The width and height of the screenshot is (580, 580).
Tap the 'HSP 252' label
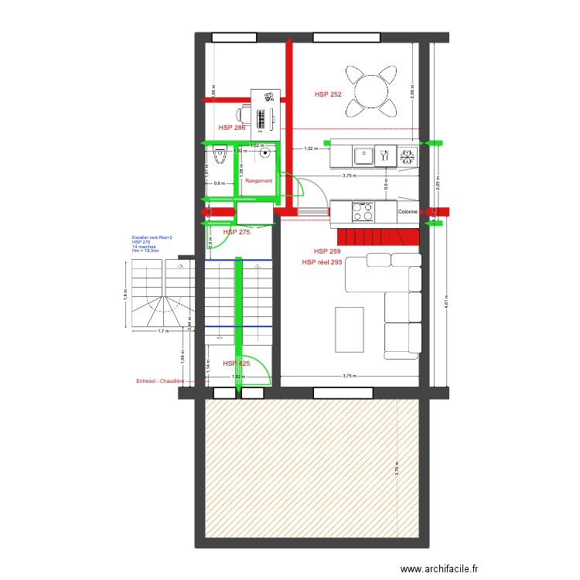click(x=328, y=94)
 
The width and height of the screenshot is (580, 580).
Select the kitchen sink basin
click(x=363, y=157)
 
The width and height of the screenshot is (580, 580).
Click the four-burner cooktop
click(x=362, y=211)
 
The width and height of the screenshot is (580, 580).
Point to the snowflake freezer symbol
click(x=408, y=157)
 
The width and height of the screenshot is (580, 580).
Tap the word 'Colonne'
click(x=408, y=212)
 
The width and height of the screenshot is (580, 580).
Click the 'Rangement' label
click(x=259, y=180)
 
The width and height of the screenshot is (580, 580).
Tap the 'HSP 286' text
click(x=232, y=128)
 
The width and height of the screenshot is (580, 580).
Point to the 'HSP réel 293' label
click(x=322, y=262)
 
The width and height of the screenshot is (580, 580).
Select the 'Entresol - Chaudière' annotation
click(x=160, y=381)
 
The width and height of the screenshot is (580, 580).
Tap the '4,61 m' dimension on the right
click(x=446, y=302)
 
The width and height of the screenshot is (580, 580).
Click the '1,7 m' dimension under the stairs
click(x=163, y=332)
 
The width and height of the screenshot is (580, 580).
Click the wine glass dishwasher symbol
click(x=385, y=157)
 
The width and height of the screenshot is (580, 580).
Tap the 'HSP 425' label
click(x=237, y=363)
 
